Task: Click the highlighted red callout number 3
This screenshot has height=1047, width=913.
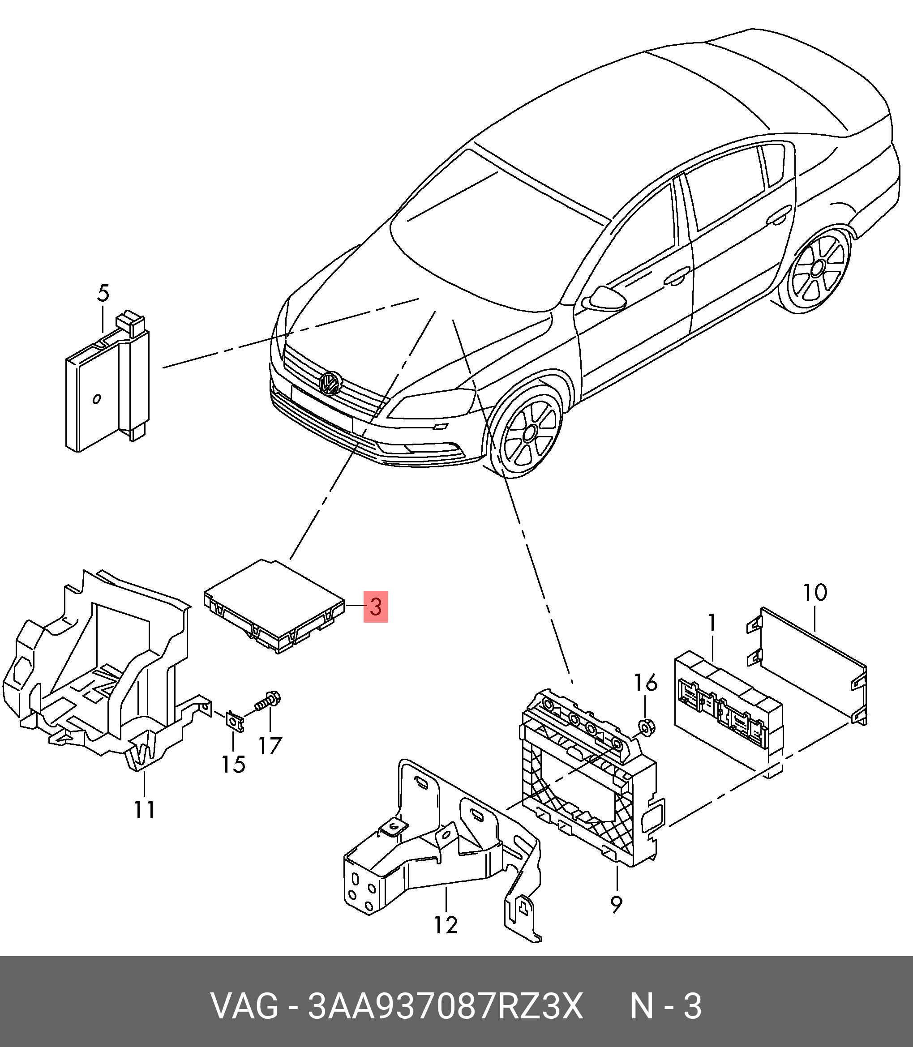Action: (376, 607)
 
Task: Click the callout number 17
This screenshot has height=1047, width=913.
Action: (270, 747)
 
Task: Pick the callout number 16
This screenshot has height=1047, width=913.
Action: (646, 684)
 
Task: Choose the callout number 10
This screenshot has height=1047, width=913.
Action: (816, 592)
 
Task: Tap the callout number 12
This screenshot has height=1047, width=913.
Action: (446, 924)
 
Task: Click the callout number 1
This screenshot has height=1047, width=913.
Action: (712, 623)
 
